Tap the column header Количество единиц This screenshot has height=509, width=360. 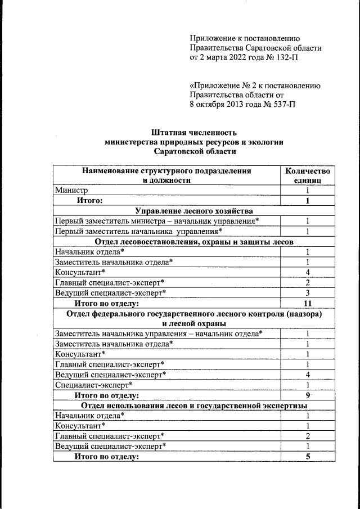pos(307,175)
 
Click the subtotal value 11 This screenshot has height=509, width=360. pos(308,303)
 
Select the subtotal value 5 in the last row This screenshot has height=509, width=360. pos(308,456)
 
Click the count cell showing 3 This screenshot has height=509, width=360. pos(308,293)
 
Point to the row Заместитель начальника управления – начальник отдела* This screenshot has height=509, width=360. pos(159,334)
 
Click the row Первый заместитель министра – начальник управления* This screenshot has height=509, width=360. pos(157,221)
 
